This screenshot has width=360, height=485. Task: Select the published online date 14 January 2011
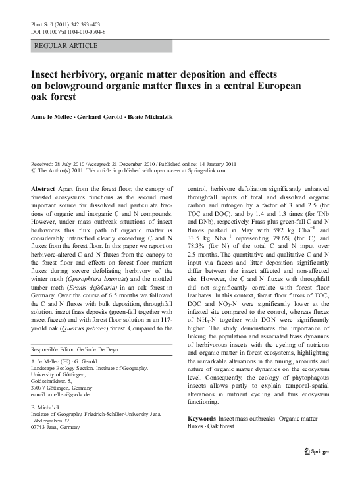217,163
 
